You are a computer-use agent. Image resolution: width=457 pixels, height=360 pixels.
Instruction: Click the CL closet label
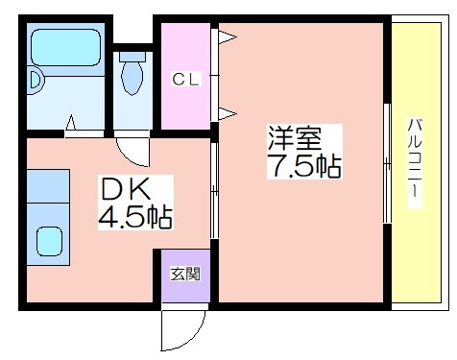pyautogui.click(x=185, y=79)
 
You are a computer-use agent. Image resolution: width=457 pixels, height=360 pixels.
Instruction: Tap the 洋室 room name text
pyautogui.click(x=295, y=138)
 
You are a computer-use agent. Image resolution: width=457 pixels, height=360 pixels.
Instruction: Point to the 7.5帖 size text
pyautogui.click(x=304, y=165)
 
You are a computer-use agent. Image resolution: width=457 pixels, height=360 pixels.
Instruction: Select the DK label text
pyautogui.click(x=126, y=189)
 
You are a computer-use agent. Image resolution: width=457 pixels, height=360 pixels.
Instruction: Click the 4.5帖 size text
pyautogui.click(x=135, y=217)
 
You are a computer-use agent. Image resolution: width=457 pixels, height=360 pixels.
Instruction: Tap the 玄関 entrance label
pyautogui.click(x=185, y=275)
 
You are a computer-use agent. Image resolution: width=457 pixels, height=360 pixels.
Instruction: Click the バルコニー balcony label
pyautogui.click(x=415, y=162)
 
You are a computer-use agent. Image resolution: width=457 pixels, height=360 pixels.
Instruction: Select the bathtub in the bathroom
pyautogui.click(x=65, y=48)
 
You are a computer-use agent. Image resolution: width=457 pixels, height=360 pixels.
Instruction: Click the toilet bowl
pyautogui.click(x=132, y=78)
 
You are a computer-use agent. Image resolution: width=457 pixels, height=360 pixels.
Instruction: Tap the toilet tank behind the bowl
pyautogui.click(x=132, y=57)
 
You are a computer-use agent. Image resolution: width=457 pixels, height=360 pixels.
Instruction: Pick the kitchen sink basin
pyautogui.click(x=49, y=241)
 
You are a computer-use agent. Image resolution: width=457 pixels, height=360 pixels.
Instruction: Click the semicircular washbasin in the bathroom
pyautogui.click(x=35, y=80)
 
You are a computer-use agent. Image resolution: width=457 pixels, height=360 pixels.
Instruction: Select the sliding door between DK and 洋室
pyautogui.click(x=214, y=190)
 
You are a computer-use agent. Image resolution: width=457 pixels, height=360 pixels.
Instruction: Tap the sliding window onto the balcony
pyautogui.click(x=387, y=163)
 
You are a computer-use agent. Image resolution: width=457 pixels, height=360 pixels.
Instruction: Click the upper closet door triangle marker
pyautogui.click(x=228, y=36)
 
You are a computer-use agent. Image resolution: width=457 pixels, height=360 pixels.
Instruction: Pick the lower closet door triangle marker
pyautogui.click(x=228, y=113)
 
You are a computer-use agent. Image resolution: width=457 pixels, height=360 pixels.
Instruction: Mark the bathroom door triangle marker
pyautogui.click(x=71, y=123)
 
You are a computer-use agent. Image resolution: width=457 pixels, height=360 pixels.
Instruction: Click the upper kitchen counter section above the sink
pyautogui.click(x=48, y=185)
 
